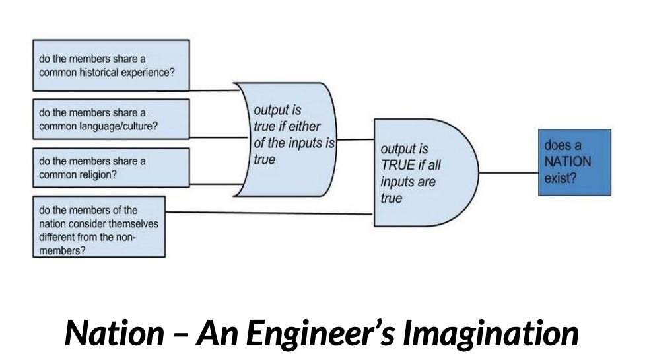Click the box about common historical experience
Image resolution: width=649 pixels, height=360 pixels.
(111, 65)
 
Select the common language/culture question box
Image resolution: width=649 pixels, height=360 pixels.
(111, 119)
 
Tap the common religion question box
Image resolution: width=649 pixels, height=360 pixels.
(111, 167)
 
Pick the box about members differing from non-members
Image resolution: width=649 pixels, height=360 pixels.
(99, 226)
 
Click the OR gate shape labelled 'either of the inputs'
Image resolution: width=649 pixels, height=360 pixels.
(287, 139)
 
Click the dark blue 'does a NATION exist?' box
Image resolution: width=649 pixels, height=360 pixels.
(574, 162)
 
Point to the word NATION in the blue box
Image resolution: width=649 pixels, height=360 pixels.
(567, 162)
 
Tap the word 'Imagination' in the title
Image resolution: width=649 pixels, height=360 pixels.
(491, 334)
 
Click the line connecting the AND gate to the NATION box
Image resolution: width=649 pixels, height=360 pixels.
(509, 173)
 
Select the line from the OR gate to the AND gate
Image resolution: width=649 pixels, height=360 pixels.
(357, 139)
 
